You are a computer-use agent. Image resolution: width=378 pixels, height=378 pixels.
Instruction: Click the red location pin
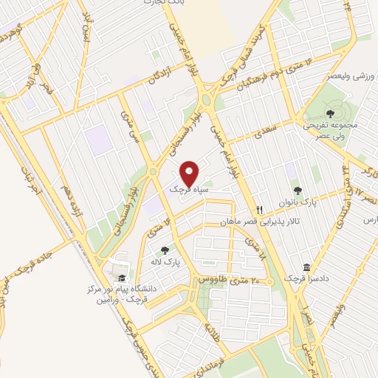click(189, 173)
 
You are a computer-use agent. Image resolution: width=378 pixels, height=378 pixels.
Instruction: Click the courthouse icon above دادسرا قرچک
click(306, 267)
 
